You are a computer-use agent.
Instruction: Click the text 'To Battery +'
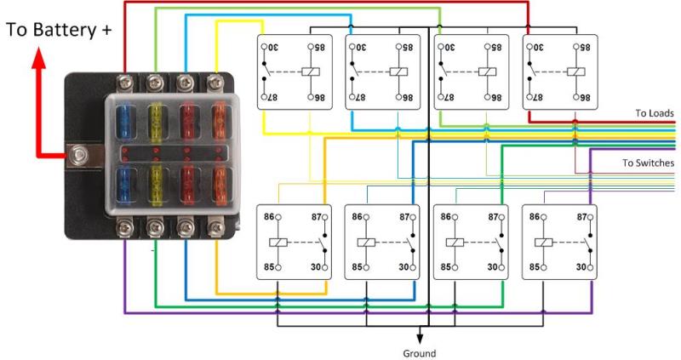pyautogui.click(x=60, y=30)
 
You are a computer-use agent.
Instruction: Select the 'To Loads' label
pyautogui.click(x=654, y=112)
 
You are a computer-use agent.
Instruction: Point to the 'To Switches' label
pyautogui.click(x=649, y=163)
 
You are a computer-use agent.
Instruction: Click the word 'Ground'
pyautogui.click(x=419, y=352)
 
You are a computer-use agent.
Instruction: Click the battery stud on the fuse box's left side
pyautogui.click(x=81, y=156)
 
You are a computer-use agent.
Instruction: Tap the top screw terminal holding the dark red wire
pyautogui.click(x=126, y=82)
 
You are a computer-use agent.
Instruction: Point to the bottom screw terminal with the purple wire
pyautogui.click(x=126, y=227)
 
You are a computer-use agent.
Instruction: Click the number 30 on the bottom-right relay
pyautogui.click(x=581, y=266)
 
